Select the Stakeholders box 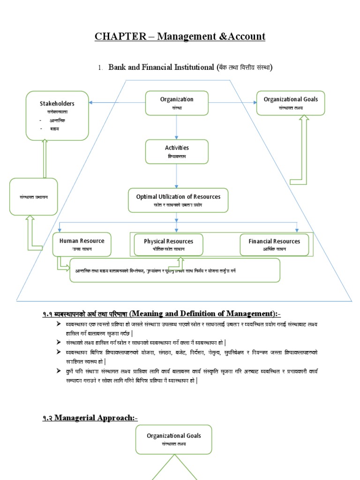tap(57, 116)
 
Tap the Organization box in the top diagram tap(177, 103)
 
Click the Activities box tap(177, 151)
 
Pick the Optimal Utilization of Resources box tap(178, 200)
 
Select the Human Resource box tap(82, 244)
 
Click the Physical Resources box tap(168, 245)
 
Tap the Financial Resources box tap(274, 245)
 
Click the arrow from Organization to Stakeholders tap(117, 102)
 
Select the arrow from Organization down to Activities tap(177, 127)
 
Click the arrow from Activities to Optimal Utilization tap(177, 176)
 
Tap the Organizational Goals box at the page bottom tap(173, 439)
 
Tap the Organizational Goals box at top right tap(290, 103)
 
